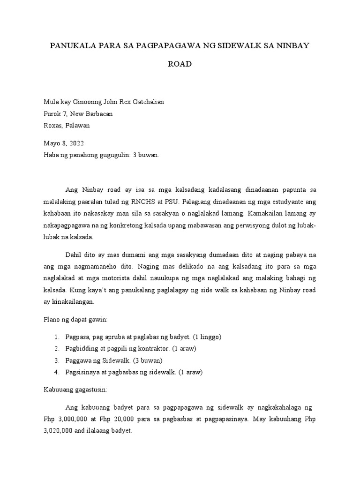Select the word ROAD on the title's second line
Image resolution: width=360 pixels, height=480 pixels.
(180, 64)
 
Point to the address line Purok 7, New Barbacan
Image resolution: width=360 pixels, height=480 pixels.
(78, 114)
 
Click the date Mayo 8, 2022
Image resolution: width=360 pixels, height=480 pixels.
(64, 143)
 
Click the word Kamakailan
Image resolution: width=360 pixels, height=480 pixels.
(260, 213)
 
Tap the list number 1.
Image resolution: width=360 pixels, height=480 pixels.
(56, 337)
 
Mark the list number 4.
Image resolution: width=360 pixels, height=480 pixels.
(56, 372)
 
